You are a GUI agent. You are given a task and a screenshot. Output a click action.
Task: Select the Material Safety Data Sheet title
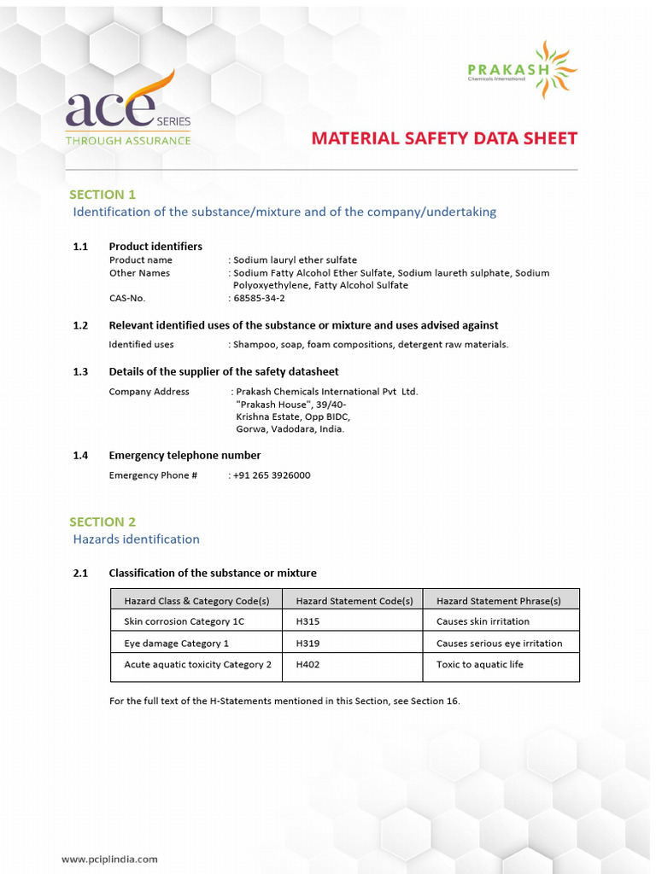click(444, 138)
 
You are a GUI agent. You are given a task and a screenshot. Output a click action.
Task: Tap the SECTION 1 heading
click(102, 195)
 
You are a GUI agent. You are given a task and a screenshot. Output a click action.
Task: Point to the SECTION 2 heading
click(102, 521)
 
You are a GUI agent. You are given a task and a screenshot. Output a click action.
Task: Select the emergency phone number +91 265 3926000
click(272, 475)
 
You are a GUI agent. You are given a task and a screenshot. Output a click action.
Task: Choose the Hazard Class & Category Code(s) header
click(196, 601)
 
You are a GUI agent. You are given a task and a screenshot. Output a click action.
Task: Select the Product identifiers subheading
click(155, 247)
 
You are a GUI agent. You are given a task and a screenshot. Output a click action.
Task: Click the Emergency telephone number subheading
click(184, 456)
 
